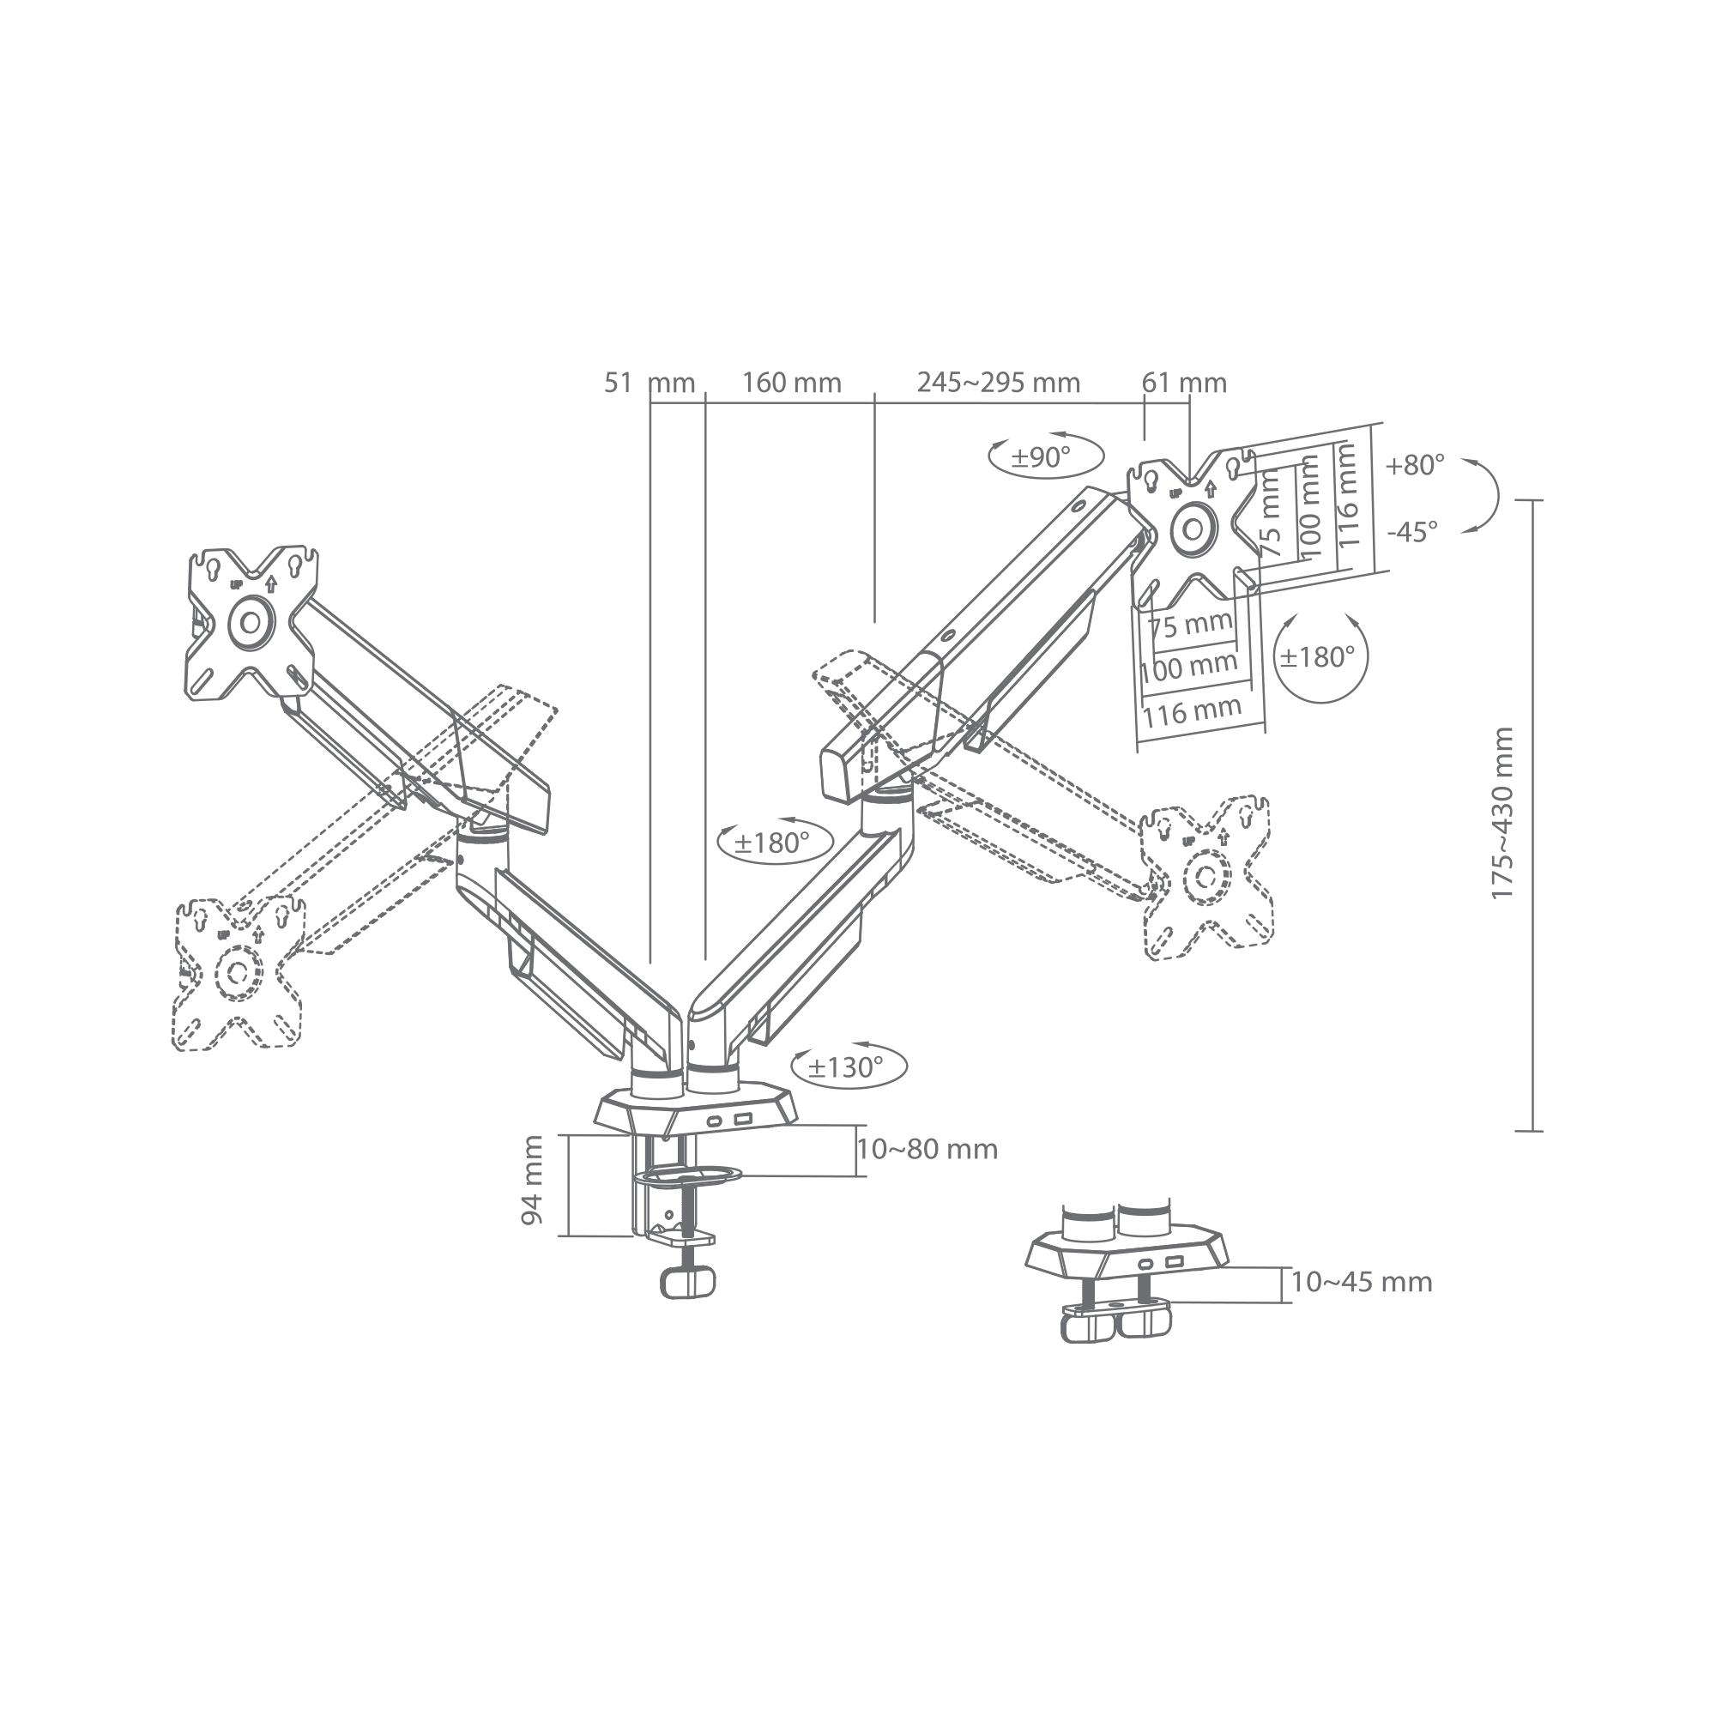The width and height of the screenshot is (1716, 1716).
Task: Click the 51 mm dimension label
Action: point(650,383)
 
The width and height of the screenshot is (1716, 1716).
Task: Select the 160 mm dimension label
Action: point(791,383)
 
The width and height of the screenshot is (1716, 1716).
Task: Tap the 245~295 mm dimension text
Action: point(999,383)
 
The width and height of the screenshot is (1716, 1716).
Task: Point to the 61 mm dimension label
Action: point(1184,383)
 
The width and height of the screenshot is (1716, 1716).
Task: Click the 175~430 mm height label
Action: point(1502,813)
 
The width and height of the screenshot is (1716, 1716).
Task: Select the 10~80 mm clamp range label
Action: point(927,1150)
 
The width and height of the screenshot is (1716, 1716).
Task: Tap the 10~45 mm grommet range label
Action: point(1362,1283)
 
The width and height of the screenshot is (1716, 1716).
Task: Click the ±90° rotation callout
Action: point(1045,457)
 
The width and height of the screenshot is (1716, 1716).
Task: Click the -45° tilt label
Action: point(1412,532)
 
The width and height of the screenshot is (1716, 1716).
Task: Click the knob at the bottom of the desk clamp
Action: point(687,1283)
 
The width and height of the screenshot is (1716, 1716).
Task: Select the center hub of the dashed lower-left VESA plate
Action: point(238,972)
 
